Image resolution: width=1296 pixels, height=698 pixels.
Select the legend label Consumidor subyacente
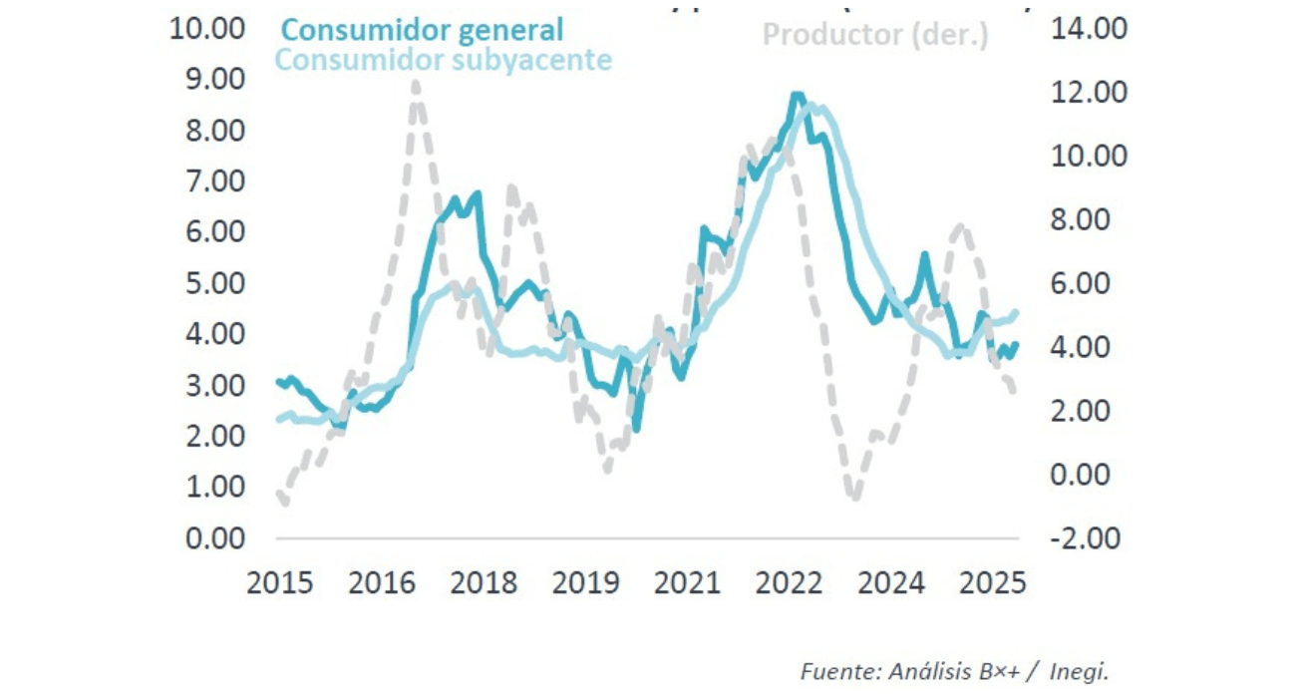tap(443, 60)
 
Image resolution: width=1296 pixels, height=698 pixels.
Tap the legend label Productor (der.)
tap(875, 36)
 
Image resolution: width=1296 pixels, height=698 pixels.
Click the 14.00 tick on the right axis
tap(1089, 29)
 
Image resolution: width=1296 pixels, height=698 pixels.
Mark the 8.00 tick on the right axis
tap(1089, 219)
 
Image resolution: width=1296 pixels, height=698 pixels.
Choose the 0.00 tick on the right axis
tap(1089, 475)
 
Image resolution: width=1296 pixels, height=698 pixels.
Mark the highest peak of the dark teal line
tap(796, 96)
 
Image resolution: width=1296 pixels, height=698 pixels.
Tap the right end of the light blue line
tap(1016, 312)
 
